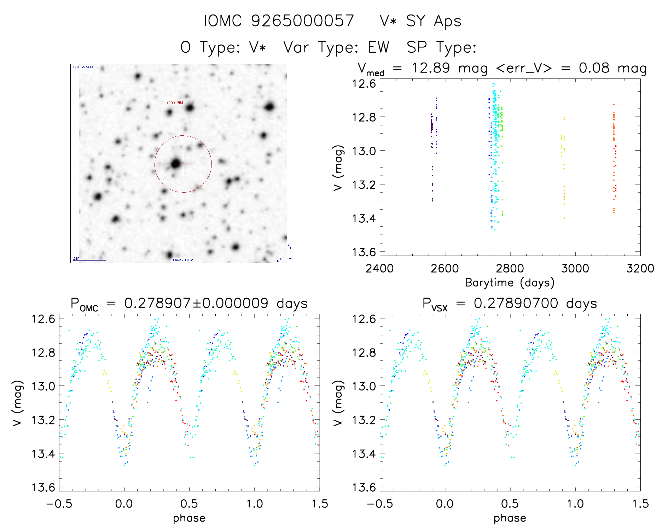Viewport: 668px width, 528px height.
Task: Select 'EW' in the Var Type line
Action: coord(378,47)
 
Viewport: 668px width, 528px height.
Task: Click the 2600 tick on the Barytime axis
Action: coord(445,268)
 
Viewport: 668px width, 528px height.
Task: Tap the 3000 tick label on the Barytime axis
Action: coord(575,268)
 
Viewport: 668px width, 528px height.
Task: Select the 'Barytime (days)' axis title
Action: coord(510,283)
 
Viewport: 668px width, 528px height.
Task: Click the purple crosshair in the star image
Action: coord(183,164)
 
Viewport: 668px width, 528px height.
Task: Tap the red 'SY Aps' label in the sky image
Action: coord(175,102)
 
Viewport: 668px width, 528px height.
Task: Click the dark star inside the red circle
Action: coord(175,164)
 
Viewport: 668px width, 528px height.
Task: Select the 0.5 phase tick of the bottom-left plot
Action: coord(189,504)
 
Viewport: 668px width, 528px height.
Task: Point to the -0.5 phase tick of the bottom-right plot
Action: coord(380,504)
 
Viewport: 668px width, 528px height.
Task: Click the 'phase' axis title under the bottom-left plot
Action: coord(189,518)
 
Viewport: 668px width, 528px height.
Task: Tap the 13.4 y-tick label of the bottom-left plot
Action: coord(43,453)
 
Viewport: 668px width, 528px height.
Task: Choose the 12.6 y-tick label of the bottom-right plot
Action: coord(364,319)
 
